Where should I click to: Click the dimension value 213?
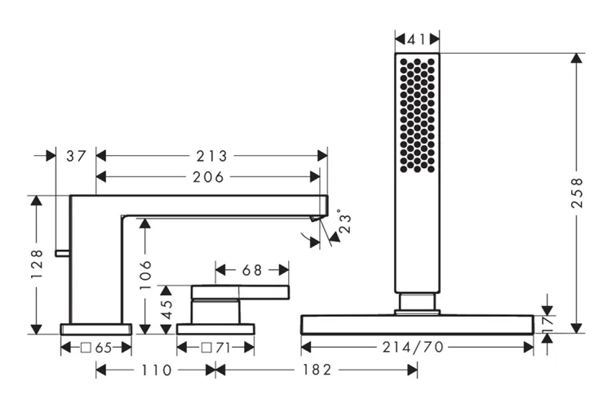pos(211,156)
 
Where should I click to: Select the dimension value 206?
pos(207,176)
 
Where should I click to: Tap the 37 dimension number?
pos(76,156)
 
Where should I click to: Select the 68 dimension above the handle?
pos(251,269)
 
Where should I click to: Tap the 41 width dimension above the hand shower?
pos(417,38)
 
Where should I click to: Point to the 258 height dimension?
pos(577,193)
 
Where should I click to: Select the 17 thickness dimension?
pos(548,323)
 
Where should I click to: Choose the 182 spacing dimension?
pos(317,370)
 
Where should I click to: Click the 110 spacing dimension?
pos(155,370)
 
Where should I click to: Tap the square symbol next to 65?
pos(85,348)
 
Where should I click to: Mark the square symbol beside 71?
pos(206,348)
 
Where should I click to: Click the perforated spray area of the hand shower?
pos(417,114)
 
